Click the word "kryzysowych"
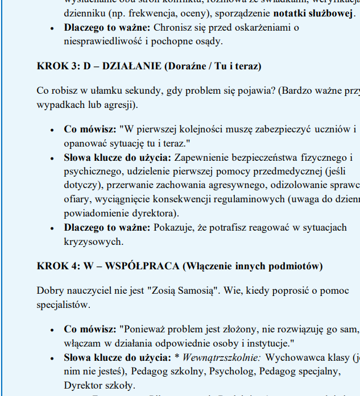tap(93, 241)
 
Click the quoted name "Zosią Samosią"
tap(183, 291)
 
